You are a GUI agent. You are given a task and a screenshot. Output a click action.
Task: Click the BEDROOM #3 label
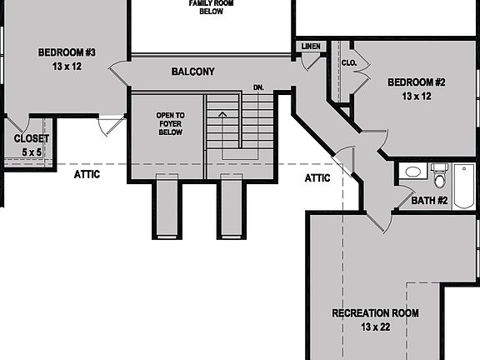[x=67, y=52]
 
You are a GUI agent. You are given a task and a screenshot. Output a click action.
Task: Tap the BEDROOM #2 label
[x=417, y=82]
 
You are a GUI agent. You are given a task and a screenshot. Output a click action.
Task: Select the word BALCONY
[x=192, y=72]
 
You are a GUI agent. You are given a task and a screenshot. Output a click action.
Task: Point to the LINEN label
[x=311, y=46]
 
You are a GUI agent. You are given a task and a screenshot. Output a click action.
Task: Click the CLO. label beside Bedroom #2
[x=348, y=62]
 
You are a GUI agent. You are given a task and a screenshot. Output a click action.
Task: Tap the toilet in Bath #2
[x=440, y=176]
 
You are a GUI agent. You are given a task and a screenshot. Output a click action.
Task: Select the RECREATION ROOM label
[x=375, y=313]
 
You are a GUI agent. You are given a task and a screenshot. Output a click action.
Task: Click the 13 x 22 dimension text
[x=375, y=327]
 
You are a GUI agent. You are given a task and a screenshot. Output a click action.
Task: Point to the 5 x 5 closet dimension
[x=31, y=152]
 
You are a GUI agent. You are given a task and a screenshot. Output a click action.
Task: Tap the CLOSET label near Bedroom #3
[x=31, y=138]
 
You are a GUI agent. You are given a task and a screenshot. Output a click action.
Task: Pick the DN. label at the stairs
[x=258, y=87]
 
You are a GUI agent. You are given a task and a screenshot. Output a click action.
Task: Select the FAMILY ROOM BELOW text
[x=211, y=7]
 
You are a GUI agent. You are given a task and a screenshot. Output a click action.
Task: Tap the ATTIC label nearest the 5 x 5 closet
[x=87, y=174]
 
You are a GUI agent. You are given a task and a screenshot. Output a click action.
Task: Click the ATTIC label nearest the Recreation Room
[x=317, y=177]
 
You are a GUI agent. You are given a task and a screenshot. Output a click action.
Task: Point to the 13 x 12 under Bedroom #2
[x=417, y=97]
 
